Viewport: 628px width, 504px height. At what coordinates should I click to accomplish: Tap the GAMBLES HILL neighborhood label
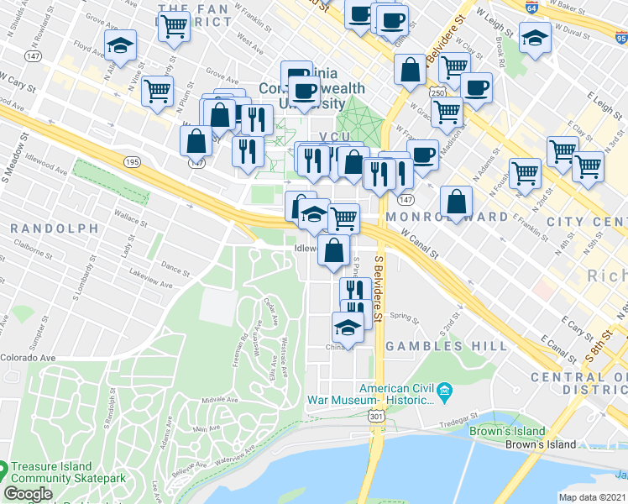tap(446, 346)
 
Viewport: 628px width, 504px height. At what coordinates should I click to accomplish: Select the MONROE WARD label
tap(447, 217)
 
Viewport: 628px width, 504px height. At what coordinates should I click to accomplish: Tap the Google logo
tap(28, 494)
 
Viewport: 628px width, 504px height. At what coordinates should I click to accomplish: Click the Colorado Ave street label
tap(28, 358)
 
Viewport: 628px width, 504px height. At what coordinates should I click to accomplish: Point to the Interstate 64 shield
tap(532, 6)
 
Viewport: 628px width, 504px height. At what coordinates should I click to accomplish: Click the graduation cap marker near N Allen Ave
tap(121, 46)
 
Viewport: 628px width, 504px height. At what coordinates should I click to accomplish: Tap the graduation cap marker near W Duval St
tap(535, 38)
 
